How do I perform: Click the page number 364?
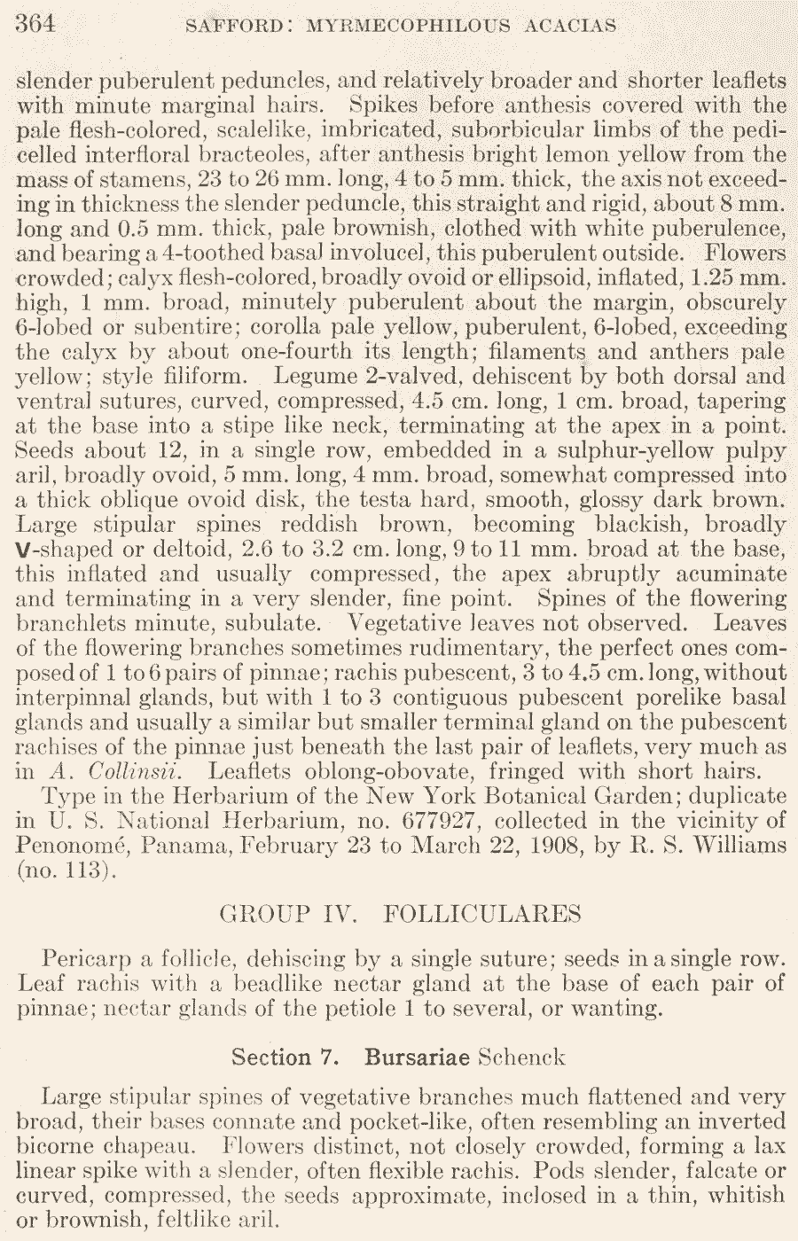[x=36, y=24]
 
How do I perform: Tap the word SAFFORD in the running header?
[x=234, y=26]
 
